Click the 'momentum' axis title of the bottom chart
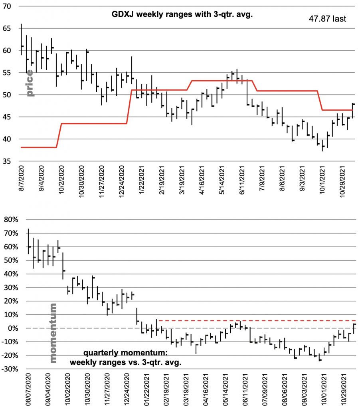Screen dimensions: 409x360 (53, 333)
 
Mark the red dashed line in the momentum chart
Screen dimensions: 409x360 (255, 321)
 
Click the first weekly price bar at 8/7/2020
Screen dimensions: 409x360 (21, 39)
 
